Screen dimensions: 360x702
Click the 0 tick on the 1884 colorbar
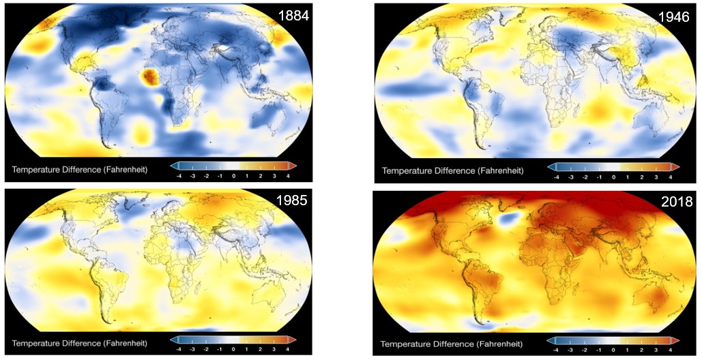click(233, 176)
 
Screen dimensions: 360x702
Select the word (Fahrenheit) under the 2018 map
click(498, 342)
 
